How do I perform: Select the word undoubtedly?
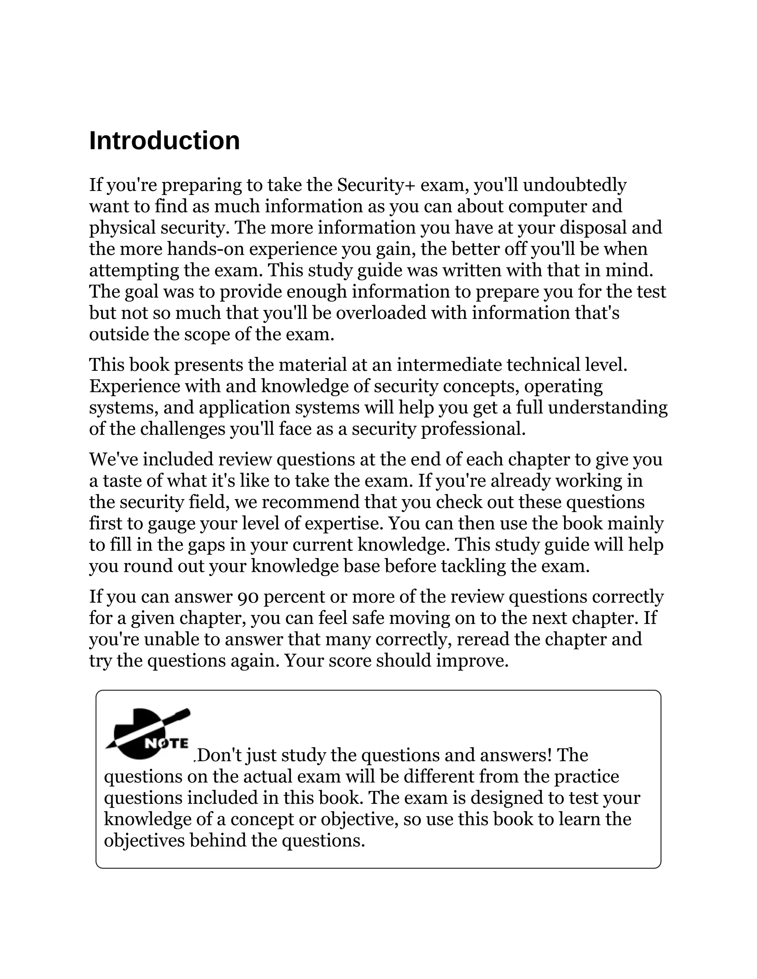pos(574,185)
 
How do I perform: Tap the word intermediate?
pos(449,365)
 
